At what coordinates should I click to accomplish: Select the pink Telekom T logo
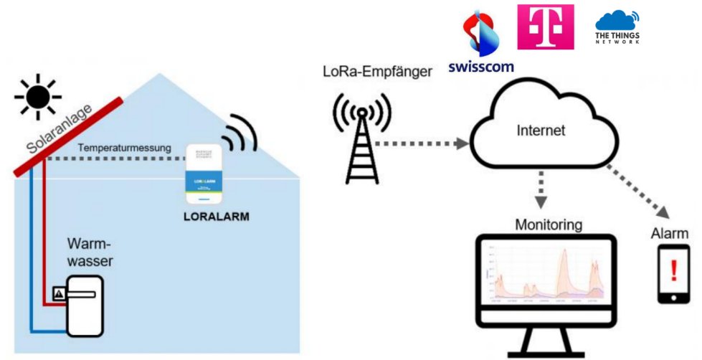coord(545,27)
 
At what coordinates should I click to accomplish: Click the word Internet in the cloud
coord(541,131)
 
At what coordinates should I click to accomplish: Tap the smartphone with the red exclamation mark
coord(673,273)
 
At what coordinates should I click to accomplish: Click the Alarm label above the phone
coord(669,234)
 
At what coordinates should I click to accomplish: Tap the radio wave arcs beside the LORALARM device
coord(240,134)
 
